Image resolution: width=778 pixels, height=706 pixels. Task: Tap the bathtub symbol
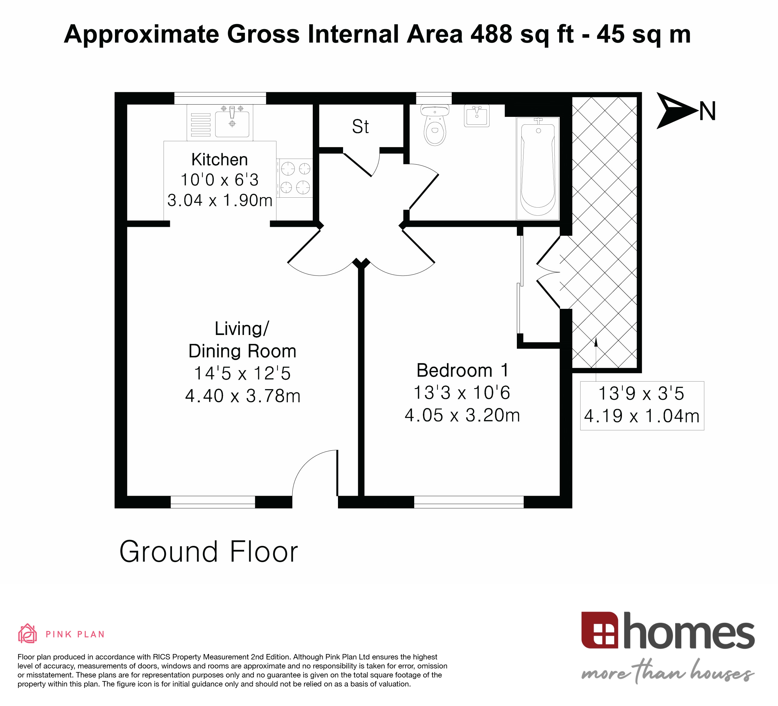coord(538,169)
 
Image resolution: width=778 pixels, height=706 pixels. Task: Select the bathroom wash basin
coord(477,115)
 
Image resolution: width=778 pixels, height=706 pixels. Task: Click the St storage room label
coord(360,127)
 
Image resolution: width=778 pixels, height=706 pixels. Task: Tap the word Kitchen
coord(220,160)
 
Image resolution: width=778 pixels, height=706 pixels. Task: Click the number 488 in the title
coord(491,34)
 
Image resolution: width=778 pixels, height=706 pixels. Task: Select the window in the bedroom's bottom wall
coord(469,502)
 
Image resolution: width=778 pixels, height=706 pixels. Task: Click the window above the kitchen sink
coord(220,98)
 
